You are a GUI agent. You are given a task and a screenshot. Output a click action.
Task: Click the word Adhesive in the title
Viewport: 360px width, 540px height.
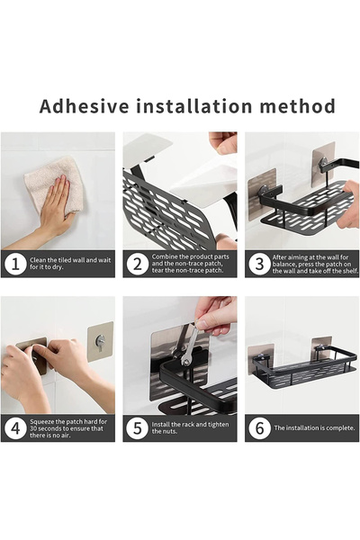point(84,106)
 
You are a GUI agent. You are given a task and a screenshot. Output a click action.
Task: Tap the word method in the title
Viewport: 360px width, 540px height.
point(297,106)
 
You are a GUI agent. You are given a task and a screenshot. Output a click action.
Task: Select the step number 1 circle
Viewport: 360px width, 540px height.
point(15,264)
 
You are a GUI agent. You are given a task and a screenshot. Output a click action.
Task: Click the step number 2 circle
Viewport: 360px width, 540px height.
point(137,264)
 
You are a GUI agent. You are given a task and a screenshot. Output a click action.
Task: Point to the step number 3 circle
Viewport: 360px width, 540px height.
point(259,264)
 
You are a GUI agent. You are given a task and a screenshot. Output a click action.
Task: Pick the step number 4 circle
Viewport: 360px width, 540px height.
point(15,428)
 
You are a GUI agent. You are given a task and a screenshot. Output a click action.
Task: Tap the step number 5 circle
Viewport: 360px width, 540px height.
point(137,428)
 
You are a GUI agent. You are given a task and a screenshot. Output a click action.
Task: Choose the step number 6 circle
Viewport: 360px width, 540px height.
point(259,428)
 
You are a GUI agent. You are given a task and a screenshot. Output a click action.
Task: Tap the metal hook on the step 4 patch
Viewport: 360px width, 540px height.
point(100,342)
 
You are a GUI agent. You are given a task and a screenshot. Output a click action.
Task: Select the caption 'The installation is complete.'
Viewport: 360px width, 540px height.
point(314,428)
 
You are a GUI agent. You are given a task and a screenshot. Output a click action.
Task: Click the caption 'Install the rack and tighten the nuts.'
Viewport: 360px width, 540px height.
point(190,428)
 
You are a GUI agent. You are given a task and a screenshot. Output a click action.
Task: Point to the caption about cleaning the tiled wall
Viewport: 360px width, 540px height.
point(70,264)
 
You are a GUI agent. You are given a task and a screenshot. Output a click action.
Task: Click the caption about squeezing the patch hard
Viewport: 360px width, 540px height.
point(68,428)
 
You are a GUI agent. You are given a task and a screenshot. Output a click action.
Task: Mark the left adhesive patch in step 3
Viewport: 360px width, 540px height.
point(262,193)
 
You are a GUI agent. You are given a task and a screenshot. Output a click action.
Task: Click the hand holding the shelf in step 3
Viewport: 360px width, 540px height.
point(348,205)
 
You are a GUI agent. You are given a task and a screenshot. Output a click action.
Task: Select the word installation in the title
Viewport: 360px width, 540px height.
point(194,106)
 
